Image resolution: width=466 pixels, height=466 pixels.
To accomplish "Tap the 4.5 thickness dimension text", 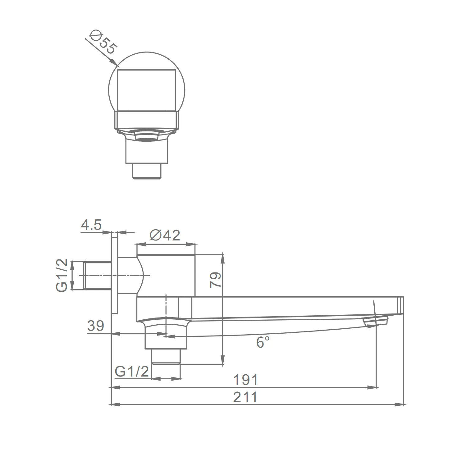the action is point(91,225).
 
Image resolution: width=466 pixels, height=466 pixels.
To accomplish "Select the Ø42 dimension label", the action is point(165,235).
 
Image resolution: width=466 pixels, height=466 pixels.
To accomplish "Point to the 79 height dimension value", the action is point(215,280).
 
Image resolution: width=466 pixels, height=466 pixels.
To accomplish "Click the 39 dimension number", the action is point(96,326).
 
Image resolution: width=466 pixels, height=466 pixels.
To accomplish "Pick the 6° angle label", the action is point(263,342).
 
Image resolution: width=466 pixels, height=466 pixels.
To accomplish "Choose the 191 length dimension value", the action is point(245,380).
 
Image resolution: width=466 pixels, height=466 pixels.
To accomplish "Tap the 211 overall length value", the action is point(245,397).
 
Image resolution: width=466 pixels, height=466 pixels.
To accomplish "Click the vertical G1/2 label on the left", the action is point(62,275).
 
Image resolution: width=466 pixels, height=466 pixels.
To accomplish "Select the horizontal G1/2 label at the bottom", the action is point(132,371).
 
